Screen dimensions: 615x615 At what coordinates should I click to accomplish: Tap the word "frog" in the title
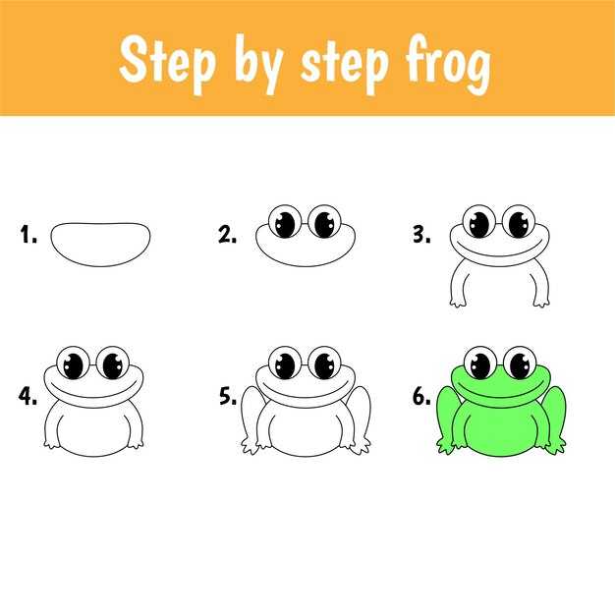click(448, 64)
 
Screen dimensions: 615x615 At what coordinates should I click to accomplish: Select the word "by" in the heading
click(259, 64)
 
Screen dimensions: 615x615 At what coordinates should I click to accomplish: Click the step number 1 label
click(28, 235)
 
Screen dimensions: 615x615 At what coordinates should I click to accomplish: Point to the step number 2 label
click(228, 235)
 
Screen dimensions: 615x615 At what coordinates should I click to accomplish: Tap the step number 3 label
click(421, 235)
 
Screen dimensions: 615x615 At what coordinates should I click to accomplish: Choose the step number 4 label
click(28, 396)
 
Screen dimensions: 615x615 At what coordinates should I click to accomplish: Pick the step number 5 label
click(228, 396)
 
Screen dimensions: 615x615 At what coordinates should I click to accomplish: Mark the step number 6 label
click(421, 396)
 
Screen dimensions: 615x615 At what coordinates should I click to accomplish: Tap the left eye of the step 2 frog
click(285, 222)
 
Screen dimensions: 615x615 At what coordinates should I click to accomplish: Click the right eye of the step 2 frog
click(325, 222)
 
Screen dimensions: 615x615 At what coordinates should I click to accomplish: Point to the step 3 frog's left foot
click(458, 302)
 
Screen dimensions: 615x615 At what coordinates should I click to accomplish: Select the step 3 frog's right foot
click(541, 302)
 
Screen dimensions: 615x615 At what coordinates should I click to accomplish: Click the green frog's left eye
click(480, 363)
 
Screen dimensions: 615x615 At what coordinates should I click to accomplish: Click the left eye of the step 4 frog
click(74, 363)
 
